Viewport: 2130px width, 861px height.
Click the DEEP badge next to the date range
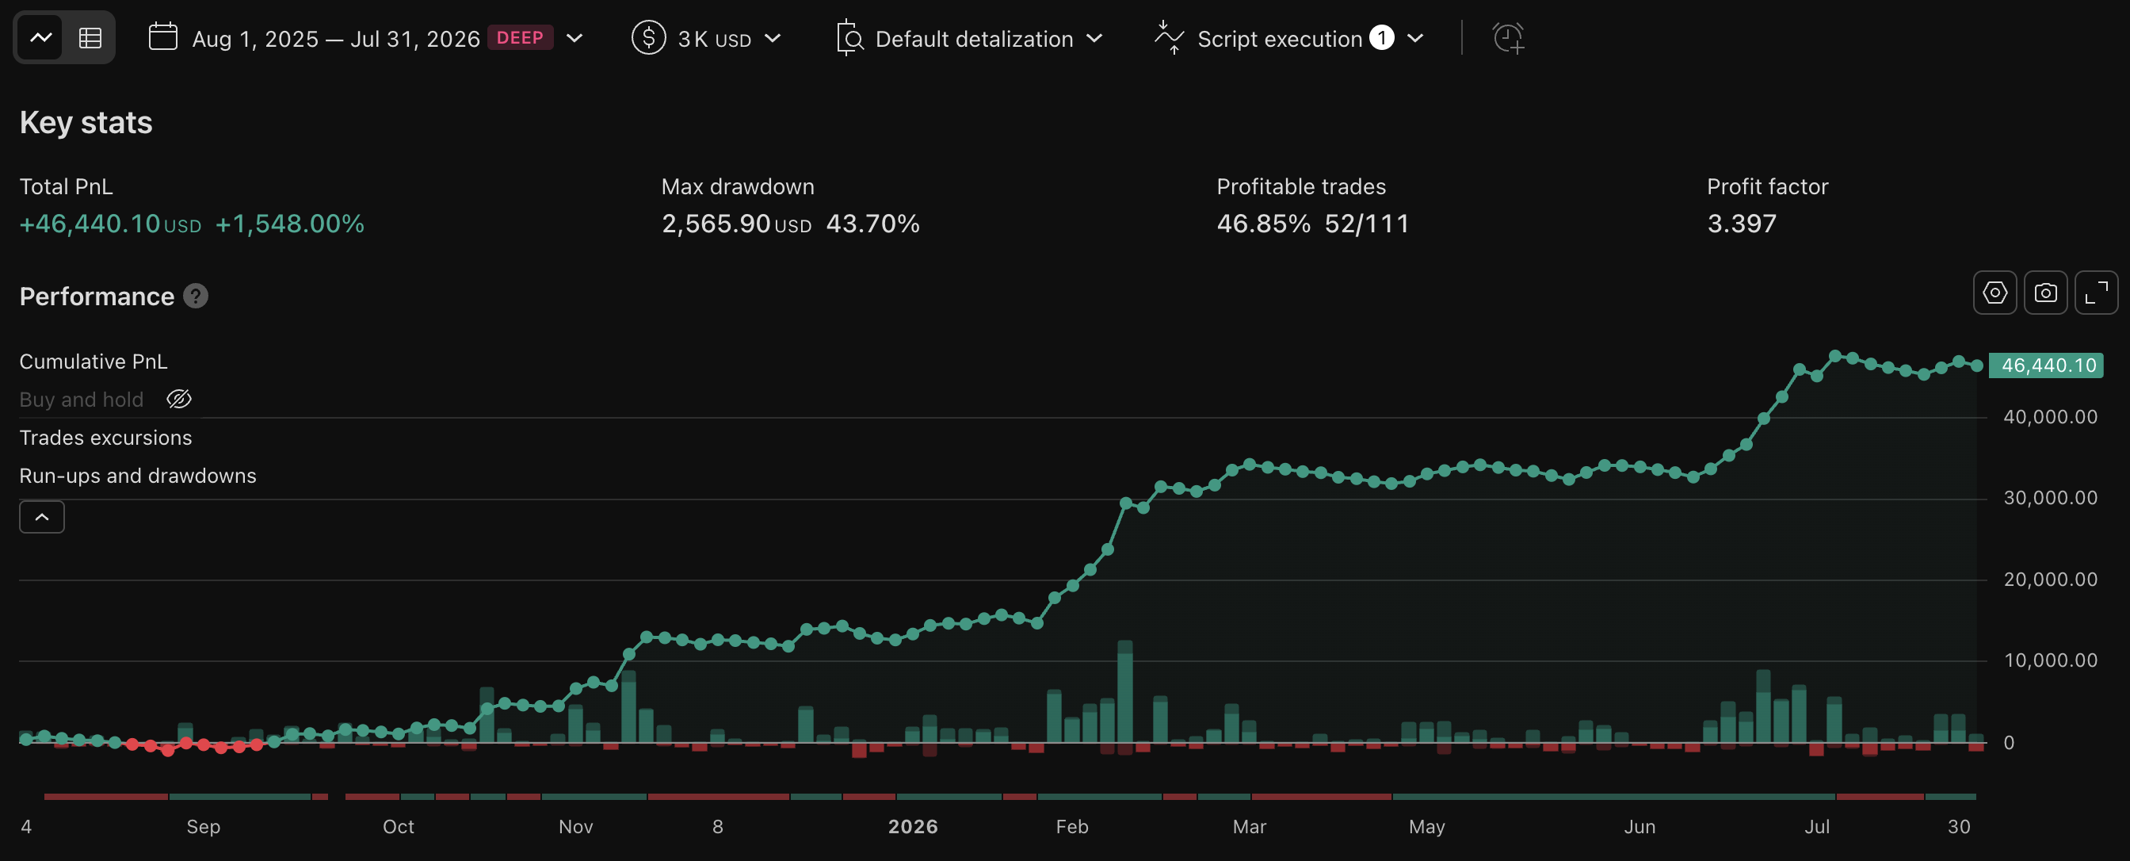click(x=520, y=38)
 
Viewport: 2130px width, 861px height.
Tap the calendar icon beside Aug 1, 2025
click(x=163, y=37)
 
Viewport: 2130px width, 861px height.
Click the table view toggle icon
click(x=90, y=38)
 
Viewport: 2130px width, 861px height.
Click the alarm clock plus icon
click(x=1508, y=38)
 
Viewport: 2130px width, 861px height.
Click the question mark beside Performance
click(x=196, y=296)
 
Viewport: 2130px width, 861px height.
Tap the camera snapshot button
click(x=2046, y=293)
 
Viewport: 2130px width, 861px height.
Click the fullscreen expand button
click(x=2096, y=293)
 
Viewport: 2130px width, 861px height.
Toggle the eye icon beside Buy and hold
click(x=178, y=400)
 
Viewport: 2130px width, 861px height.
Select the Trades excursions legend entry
click(x=106, y=438)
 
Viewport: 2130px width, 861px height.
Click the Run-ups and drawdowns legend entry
click(x=138, y=476)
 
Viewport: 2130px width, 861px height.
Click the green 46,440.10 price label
click(x=2046, y=365)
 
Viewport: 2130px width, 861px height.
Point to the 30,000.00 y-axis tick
click(x=2050, y=498)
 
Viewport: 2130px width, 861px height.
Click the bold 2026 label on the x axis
click(x=913, y=826)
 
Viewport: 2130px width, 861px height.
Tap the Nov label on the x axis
click(x=575, y=826)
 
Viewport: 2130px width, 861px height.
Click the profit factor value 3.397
click(x=1742, y=224)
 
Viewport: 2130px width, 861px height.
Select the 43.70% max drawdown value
click(x=872, y=224)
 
